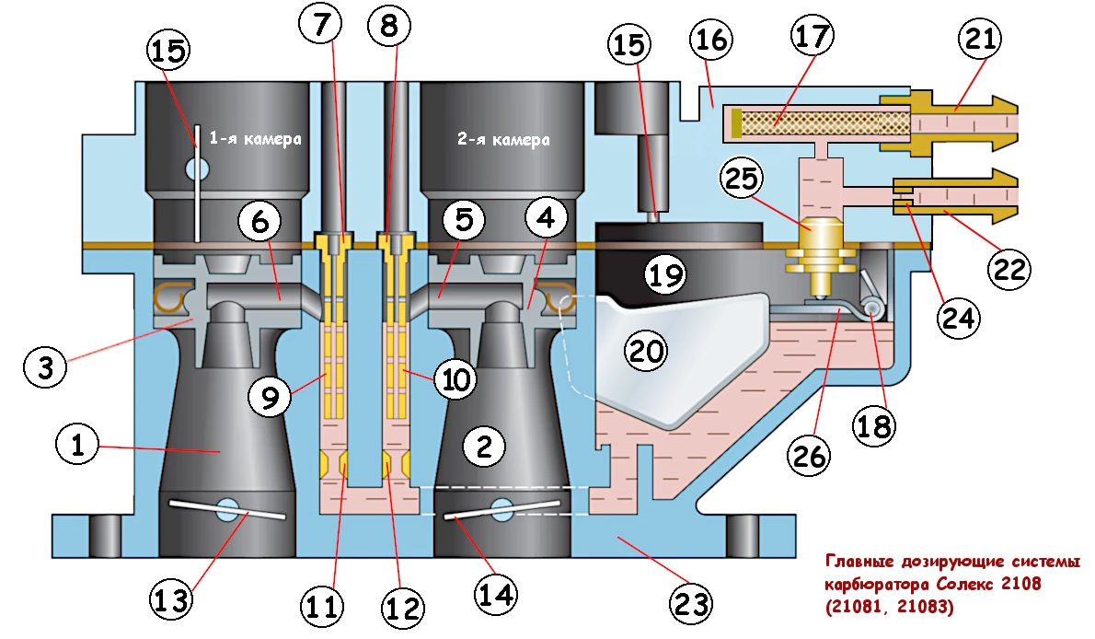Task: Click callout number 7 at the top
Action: pyautogui.click(x=320, y=28)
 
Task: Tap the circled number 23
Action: pyautogui.click(x=691, y=603)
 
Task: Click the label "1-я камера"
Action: pyautogui.click(x=255, y=139)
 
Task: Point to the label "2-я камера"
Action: pyautogui.click(x=502, y=140)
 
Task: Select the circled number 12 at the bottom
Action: pyautogui.click(x=405, y=608)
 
